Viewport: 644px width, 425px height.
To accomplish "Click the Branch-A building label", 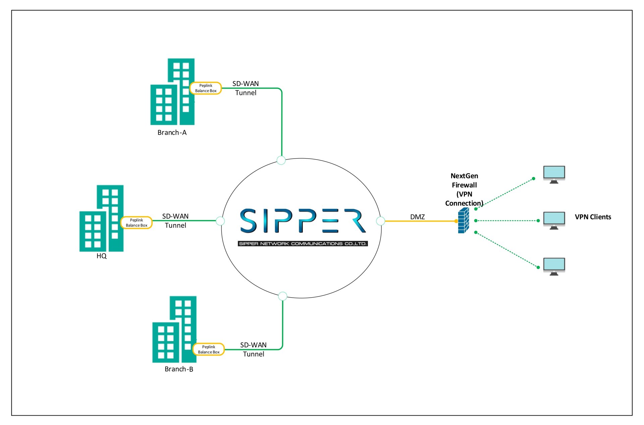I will (172, 132).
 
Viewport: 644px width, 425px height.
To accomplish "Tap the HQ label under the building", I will (101, 256).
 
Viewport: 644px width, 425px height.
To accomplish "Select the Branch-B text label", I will (179, 369).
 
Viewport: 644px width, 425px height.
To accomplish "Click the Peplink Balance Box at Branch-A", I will (206, 88).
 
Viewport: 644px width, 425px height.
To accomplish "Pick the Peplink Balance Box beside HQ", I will (137, 223).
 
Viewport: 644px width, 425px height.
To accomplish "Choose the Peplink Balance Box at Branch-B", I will (208, 349).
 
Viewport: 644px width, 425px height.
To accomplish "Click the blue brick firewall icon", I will (463, 220).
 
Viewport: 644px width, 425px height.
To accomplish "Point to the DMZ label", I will (417, 217).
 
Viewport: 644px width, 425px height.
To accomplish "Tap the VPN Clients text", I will (593, 217).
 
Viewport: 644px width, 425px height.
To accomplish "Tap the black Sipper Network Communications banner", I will (303, 244).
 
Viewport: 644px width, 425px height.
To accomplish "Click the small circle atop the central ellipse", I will (281, 160).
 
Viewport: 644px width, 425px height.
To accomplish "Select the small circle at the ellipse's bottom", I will (283, 296).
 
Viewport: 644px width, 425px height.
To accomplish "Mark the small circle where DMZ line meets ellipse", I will (380, 221).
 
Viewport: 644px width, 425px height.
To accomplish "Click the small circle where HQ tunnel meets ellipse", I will (220, 221).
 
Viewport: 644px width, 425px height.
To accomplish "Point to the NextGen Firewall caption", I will (464, 189).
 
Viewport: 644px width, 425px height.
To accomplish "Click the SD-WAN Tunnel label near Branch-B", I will (253, 349).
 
